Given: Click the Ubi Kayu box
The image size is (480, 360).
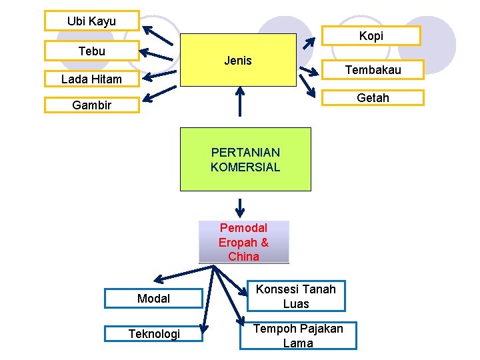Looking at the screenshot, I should click(x=91, y=21).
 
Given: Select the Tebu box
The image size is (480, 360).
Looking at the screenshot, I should click(x=91, y=51).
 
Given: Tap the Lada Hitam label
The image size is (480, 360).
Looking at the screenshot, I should click(x=91, y=79).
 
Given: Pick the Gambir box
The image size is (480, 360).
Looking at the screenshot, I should click(x=91, y=105).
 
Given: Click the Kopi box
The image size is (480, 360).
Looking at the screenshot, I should click(x=371, y=35).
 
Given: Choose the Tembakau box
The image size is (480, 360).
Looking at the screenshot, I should click(x=373, y=69).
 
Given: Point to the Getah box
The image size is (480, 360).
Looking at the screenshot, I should click(x=373, y=98).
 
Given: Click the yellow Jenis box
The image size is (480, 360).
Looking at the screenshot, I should click(x=238, y=61).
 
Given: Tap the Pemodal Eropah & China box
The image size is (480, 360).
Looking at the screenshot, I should click(x=244, y=242).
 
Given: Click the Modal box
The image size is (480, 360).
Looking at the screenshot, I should click(x=153, y=298).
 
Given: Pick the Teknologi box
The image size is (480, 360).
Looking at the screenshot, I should click(x=153, y=333).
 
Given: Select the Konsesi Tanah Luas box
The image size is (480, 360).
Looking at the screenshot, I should click(x=296, y=296).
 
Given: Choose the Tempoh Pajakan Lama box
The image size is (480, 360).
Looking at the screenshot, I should click(x=298, y=335).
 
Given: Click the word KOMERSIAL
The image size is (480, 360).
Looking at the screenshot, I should click(x=245, y=167).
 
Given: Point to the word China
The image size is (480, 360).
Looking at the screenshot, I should click(x=243, y=256).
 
